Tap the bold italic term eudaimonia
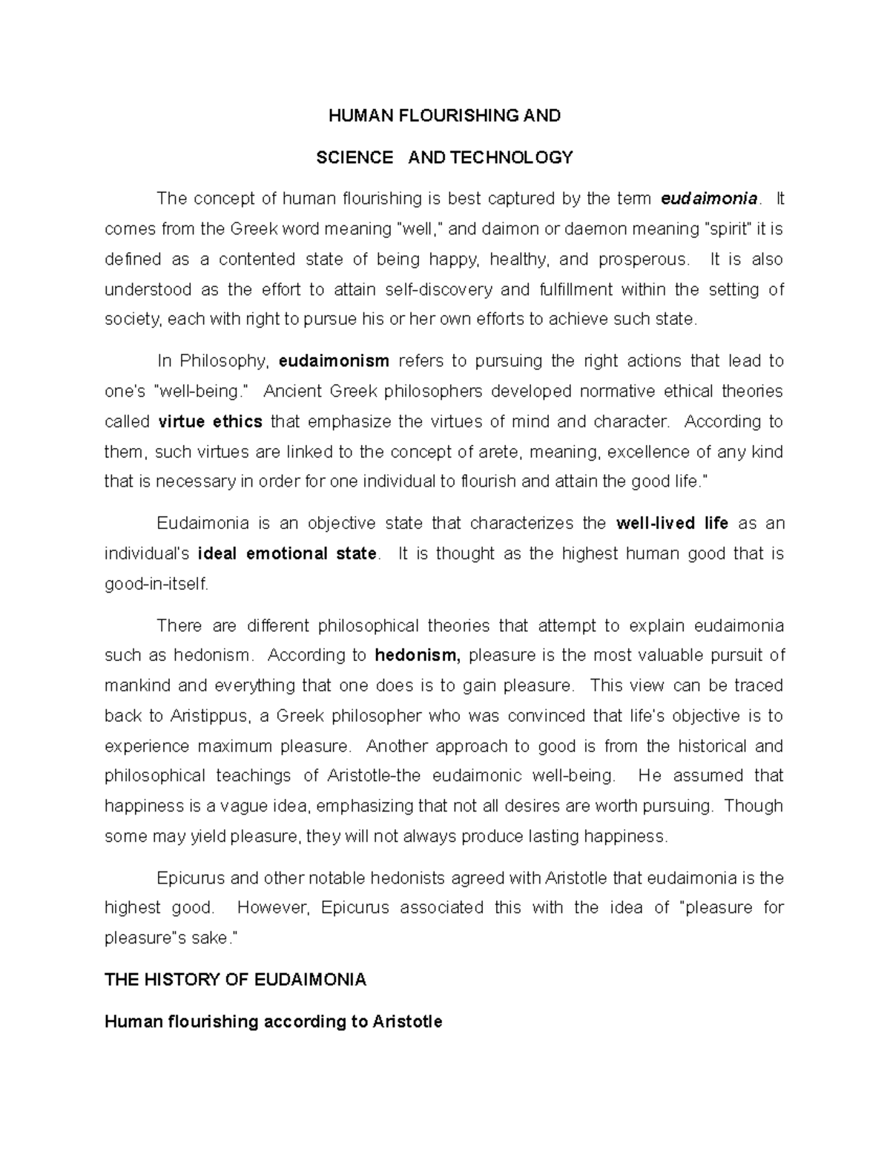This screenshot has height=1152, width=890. click(709, 199)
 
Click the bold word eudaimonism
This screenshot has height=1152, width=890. click(334, 361)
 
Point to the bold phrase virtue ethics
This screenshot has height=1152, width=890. click(211, 421)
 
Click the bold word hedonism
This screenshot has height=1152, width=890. click(418, 655)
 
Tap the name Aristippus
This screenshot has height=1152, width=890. click(211, 716)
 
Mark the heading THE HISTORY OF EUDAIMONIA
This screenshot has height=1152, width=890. click(236, 980)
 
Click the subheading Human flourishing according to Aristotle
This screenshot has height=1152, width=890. click(273, 1021)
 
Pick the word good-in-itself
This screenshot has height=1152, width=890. click(157, 584)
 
